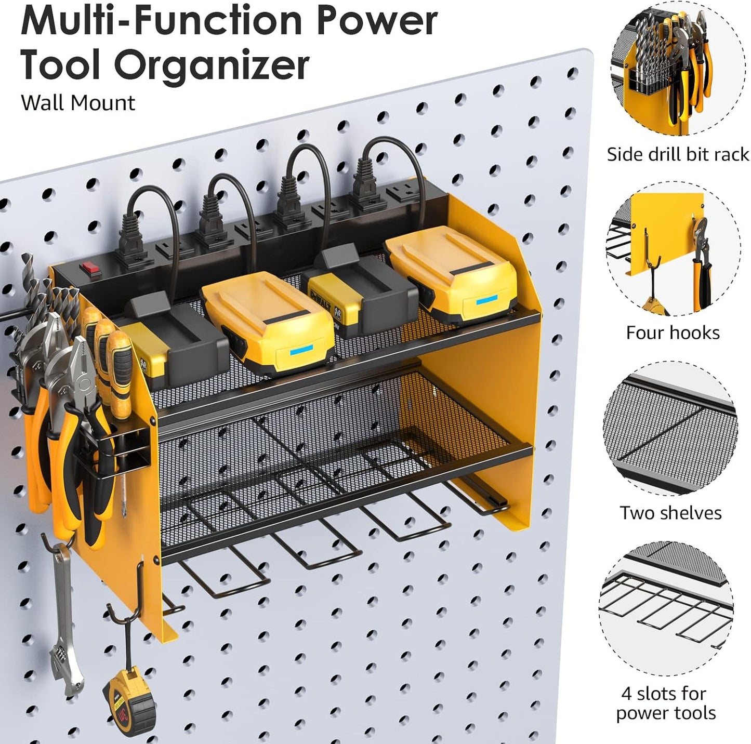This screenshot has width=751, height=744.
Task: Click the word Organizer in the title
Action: point(212,66)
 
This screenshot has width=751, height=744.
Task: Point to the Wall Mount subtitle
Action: point(78,103)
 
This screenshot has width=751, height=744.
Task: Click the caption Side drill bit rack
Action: point(678,154)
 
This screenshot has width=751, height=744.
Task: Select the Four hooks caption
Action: point(673,333)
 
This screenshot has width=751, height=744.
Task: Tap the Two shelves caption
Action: point(670,513)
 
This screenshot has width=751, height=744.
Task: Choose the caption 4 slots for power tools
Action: point(666,703)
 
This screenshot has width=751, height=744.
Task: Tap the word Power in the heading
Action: point(377,22)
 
